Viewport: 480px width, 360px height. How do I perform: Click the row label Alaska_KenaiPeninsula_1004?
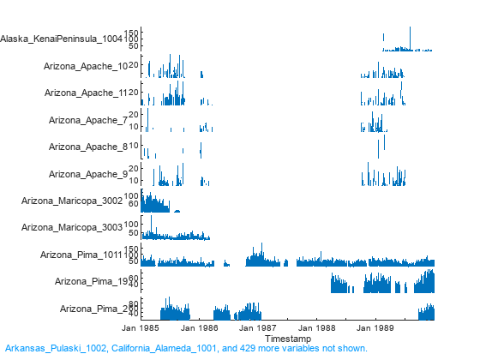click(62, 39)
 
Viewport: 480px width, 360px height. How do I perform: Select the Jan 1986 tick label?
click(199, 328)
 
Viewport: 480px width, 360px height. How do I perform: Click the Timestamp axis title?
click(287, 339)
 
